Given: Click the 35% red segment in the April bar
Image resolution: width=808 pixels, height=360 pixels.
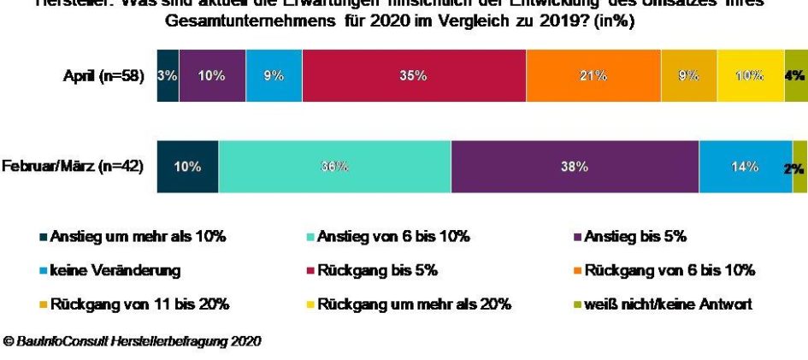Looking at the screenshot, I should [414, 75].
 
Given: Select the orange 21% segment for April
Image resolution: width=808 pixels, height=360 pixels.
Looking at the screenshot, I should [593, 75].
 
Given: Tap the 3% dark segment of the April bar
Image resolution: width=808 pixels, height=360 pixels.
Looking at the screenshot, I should [168, 75].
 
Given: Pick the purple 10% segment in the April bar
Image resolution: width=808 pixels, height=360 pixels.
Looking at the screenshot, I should [212, 75].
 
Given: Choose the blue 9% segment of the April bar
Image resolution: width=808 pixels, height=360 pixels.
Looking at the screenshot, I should [274, 75].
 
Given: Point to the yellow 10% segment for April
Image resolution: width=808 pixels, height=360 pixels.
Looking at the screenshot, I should [750, 75].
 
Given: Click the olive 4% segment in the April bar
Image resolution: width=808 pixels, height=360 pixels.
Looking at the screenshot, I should [794, 75].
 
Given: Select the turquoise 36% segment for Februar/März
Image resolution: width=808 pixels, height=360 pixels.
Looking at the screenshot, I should [334, 167].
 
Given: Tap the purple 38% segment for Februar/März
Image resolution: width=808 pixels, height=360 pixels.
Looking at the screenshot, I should [575, 167].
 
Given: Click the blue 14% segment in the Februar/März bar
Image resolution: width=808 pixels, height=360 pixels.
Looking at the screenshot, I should [745, 167].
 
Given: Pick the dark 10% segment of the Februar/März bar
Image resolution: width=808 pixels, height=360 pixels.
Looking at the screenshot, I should [187, 167].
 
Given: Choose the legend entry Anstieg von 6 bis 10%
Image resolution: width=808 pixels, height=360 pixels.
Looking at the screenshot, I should [393, 236].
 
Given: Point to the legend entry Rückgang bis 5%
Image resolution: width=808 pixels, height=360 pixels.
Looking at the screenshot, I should [377, 270].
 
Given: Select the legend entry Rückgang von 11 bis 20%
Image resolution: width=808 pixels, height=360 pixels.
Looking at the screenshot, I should [139, 304].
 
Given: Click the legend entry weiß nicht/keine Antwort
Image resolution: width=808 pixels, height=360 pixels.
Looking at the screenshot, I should [668, 304].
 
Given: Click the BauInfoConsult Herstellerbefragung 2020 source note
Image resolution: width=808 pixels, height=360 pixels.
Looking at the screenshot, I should [133, 341].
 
